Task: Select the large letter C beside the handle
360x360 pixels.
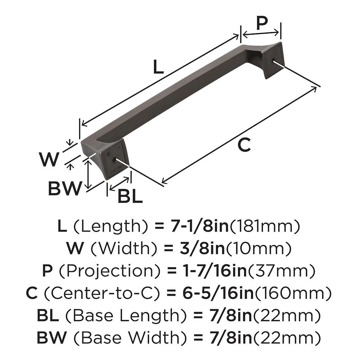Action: coord(244,144)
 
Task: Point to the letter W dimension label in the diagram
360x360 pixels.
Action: coord(49,159)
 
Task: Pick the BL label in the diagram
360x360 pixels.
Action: coord(130,196)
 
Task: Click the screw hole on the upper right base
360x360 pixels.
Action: coord(274,60)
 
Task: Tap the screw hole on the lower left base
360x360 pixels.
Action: coord(114,159)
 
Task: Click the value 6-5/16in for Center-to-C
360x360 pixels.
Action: coord(218,293)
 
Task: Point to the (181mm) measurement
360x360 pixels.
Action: coord(265,226)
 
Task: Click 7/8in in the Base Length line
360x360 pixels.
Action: coord(231,315)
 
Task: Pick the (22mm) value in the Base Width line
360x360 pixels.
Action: coord(287,338)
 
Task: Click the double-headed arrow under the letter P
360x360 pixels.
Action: coord(261,33)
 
